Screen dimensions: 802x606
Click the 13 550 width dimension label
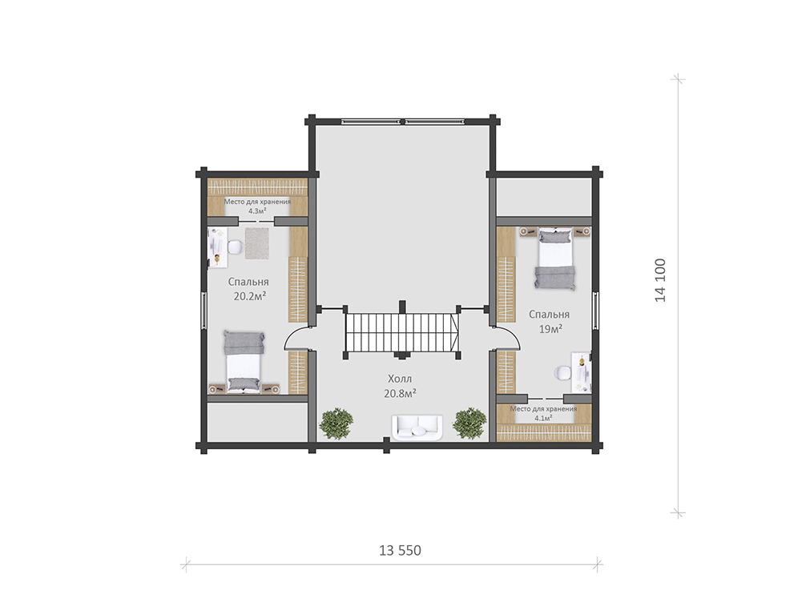pyautogui.click(x=400, y=550)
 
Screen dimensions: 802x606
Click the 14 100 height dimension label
pyautogui.click(x=661, y=280)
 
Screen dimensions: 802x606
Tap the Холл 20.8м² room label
pyautogui.click(x=400, y=387)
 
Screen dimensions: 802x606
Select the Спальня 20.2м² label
pyautogui.click(x=248, y=289)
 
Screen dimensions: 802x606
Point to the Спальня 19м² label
pyautogui.click(x=550, y=321)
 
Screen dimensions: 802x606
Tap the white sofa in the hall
pyautogui.click(x=417, y=427)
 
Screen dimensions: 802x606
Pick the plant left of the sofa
pyautogui.click(x=336, y=423)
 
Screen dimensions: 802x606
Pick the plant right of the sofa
pyautogui.click(x=470, y=423)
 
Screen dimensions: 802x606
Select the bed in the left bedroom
pyautogui.click(x=244, y=362)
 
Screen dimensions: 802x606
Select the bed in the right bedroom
pyautogui.click(x=554, y=259)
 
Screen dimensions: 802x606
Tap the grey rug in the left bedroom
pyautogui.click(x=256, y=243)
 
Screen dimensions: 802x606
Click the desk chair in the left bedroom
pyautogui.click(x=234, y=248)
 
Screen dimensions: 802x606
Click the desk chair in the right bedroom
pyautogui.click(x=562, y=373)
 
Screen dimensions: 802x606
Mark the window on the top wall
pyautogui.click(x=403, y=122)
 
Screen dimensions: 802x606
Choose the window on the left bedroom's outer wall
pyautogui.click(x=204, y=311)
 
